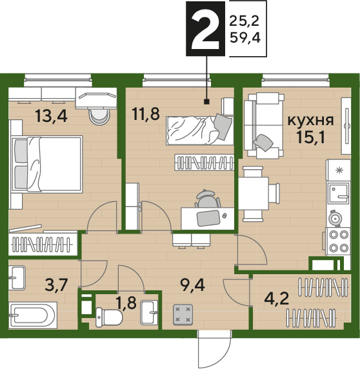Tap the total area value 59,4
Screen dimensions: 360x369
click(245, 37)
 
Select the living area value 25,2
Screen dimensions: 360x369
click(245, 21)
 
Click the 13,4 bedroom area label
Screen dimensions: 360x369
click(52, 116)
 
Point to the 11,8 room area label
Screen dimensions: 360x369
click(146, 114)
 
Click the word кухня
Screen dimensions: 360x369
click(311, 121)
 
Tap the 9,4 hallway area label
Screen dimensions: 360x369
click(192, 284)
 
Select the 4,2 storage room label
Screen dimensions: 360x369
click(277, 299)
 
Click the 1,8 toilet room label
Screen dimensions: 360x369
click(126, 303)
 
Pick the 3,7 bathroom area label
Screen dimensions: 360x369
click(57, 284)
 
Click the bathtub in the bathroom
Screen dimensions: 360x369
click(33, 315)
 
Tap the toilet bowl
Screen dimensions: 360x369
click(109, 317)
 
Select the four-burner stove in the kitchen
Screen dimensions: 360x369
click(337, 241)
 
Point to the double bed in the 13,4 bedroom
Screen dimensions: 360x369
click(47, 165)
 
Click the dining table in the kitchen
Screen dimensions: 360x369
click(254, 194)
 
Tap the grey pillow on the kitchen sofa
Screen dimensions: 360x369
click(263, 143)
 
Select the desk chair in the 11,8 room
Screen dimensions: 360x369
click(208, 199)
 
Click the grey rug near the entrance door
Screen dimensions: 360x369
click(183, 315)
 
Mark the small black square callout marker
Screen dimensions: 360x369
click(207, 102)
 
